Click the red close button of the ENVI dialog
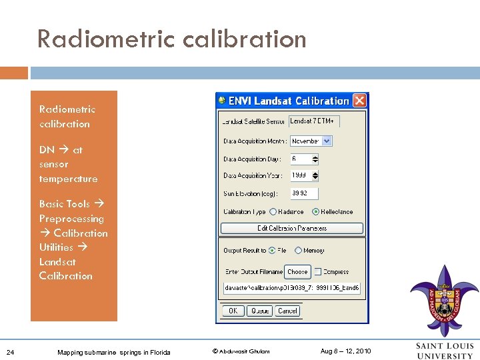(359, 101)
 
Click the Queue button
(259, 311)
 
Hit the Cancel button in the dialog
(287, 311)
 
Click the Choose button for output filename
(297, 271)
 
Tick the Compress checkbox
(318, 271)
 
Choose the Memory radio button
(298, 251)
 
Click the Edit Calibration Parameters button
(292, 228)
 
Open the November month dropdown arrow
(327, 141)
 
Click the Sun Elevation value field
(304, 193)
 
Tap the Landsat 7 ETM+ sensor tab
(314, 121)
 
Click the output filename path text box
(292, 288)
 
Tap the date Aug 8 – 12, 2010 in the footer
(345, 351)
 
